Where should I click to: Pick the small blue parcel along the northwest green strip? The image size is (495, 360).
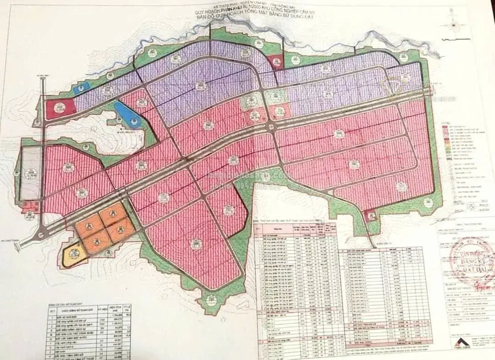point(81,88)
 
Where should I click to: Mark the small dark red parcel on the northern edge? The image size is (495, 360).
point(276,61)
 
